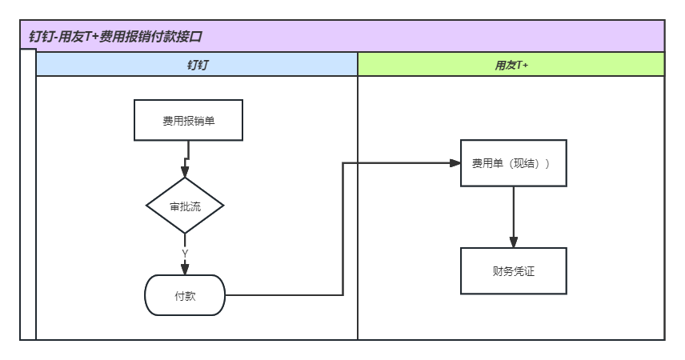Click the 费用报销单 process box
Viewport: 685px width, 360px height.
pos(189,120)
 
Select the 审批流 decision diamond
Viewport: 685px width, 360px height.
pos(185,206)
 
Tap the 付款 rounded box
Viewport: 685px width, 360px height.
pos(185,295)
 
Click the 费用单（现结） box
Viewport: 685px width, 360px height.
pos(513,163)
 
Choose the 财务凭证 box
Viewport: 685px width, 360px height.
pos(513,270)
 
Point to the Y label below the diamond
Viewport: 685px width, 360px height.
pos(185,254)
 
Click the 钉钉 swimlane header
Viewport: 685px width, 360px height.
pos(197,65)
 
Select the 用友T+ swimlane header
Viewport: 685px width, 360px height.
pos(511,65)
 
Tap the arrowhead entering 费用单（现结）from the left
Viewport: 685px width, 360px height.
pos(455,163)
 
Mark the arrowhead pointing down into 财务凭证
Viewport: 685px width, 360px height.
pos(514,242)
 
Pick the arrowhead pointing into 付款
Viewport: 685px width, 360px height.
pos(185,270)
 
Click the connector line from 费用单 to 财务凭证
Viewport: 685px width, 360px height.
pos(514,212)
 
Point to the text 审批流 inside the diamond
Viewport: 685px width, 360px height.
pos(185,206)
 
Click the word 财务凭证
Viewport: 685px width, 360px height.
pos(513,270)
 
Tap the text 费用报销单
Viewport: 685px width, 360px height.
pos(189,120)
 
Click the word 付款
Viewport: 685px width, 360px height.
pos(185,295)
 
